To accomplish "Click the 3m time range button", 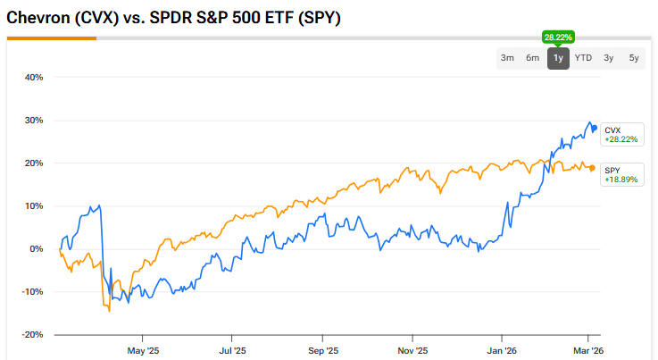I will [x=507, y=58].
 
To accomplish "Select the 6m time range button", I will [x=533, y=58].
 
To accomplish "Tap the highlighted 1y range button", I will [x=558, y=58].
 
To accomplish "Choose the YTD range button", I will [x=583, y=58].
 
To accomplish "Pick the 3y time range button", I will [x=609, y=58].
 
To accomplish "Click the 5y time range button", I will [x=634, y=58].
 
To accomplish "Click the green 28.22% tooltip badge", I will [x=558, y=37].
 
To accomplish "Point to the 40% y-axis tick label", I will [x=33, y=77].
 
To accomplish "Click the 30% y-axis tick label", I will [x=33, y=120].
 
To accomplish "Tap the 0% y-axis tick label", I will [x=36, y=249].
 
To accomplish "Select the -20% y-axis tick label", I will [x=31, y=335].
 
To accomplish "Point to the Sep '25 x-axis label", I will [x=323, y=350].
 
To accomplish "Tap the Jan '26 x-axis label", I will [x=502, y=350].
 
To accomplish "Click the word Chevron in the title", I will [x=34, y=18].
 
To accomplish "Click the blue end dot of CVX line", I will [x=595, y=128].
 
